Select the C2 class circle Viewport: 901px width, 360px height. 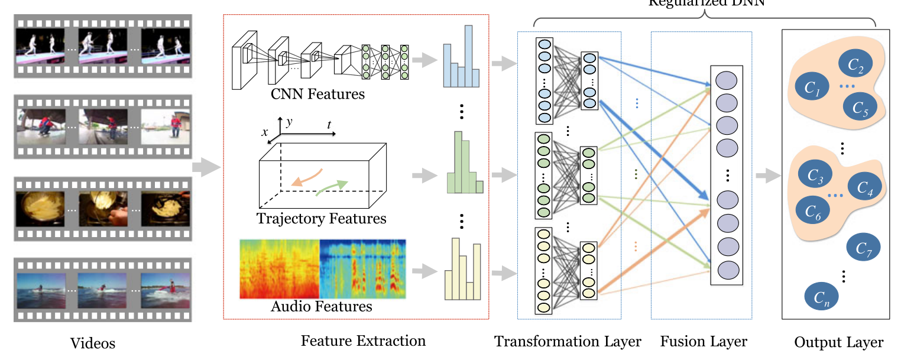(855, 66)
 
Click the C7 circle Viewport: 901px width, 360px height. (864, 250)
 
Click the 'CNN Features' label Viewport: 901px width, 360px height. (317, 93)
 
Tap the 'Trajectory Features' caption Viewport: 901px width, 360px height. (321, 219)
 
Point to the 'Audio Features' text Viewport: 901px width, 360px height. (321, 306)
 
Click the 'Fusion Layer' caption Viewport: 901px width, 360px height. (704, 341)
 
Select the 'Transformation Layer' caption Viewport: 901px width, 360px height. (568, 341)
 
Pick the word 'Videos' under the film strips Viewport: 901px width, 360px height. (92, 343)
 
